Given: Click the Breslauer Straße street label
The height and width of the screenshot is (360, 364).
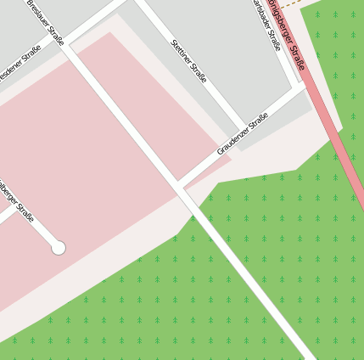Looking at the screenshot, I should (45, 22).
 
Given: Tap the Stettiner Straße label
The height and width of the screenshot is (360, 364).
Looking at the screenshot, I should (188, 60).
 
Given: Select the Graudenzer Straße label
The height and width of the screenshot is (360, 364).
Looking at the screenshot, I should (242, 133).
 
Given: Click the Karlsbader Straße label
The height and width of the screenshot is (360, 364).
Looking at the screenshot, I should (266, 23).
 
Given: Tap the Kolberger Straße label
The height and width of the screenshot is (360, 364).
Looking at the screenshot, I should (15, 201).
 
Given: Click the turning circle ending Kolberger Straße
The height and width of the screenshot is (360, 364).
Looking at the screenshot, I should (59, 248).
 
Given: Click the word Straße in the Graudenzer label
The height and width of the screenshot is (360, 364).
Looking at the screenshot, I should (256, 122).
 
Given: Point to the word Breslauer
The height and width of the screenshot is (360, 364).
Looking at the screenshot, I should (38, 13).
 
